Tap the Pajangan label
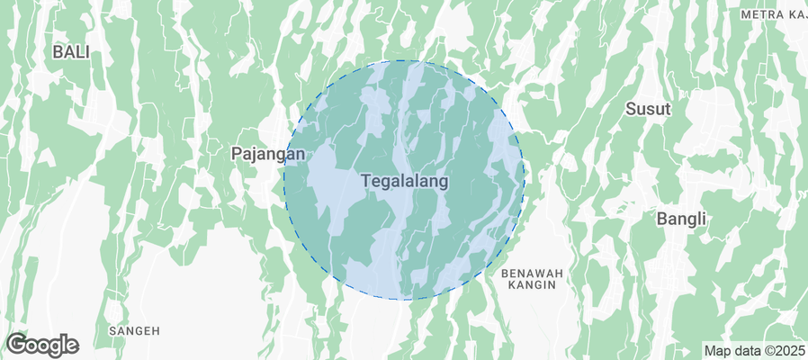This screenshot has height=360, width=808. pyautogui.click(x=268, y=154)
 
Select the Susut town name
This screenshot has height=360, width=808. pyautogui.click(x=649, y=110)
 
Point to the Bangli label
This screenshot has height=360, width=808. pyautogui.click(x=681, y=219)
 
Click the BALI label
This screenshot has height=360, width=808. pyautogui.click(x=71, y=52)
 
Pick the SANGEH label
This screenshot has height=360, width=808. pyautogui.click(x=134, y=331)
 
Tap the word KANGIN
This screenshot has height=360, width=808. pyautogui.click(x=531, y=284)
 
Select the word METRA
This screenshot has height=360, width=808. pyautogui.click(x=759, y=15)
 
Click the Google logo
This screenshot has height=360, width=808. pyautogui.click(x=42, y=344)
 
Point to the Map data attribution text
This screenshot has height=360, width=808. pyautogui.click(x=754, y=350)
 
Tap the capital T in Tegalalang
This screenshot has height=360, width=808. pyautogui.click(x=366, y=181)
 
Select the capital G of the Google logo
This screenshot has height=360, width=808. pyautogui.click(x=16, y=344)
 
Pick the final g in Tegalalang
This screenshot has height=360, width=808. pyautogui.click(x=443, y=183)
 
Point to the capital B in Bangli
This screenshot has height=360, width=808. pyautogui.click(x=661, y=219)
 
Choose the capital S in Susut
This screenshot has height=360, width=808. pyautogui.click(x=631, y=110)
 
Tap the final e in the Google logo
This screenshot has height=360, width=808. pyautogui.click(x=72, y=346)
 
